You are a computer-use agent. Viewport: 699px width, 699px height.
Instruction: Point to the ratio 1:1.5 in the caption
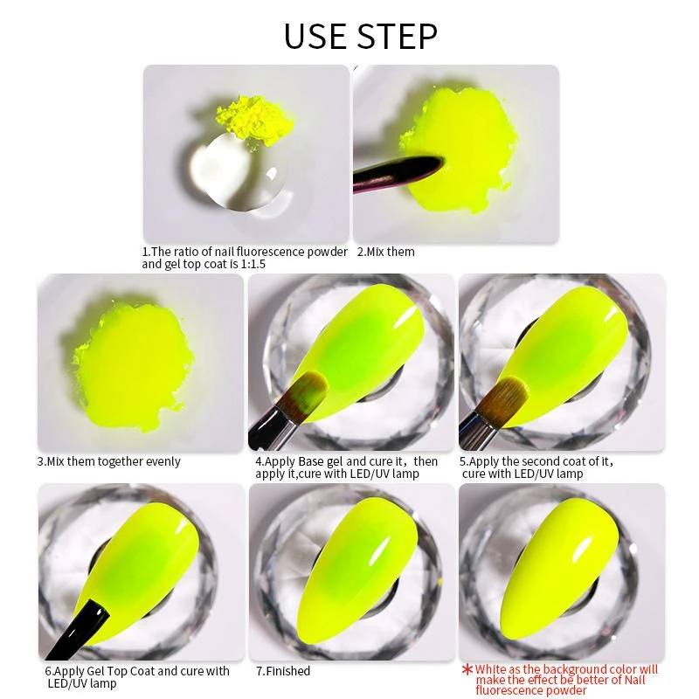[x=253, y=265]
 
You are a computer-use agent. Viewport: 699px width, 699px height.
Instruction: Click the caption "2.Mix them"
[x=385, y=252]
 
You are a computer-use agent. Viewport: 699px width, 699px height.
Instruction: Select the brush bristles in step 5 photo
[x=509, y=396]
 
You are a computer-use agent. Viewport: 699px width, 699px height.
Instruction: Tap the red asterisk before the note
[x=467, y=669]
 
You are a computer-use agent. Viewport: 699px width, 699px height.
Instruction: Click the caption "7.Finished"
[x=283, y=671]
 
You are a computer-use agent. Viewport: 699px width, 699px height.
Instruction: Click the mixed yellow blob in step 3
[x=134, y=364]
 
